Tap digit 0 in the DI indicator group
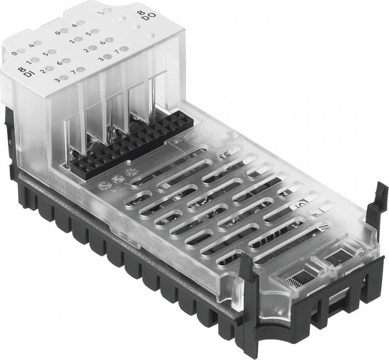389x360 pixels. [13, 53]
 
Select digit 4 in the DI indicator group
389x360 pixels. [31, 45]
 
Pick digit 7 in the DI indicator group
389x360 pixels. [75, 71]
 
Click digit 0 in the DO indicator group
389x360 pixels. [58, 32]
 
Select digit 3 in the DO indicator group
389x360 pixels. [100, 59]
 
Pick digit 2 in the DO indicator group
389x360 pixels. [86, 50]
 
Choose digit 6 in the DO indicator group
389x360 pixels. [102, 42]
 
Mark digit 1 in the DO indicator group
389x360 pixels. [71, 41]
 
